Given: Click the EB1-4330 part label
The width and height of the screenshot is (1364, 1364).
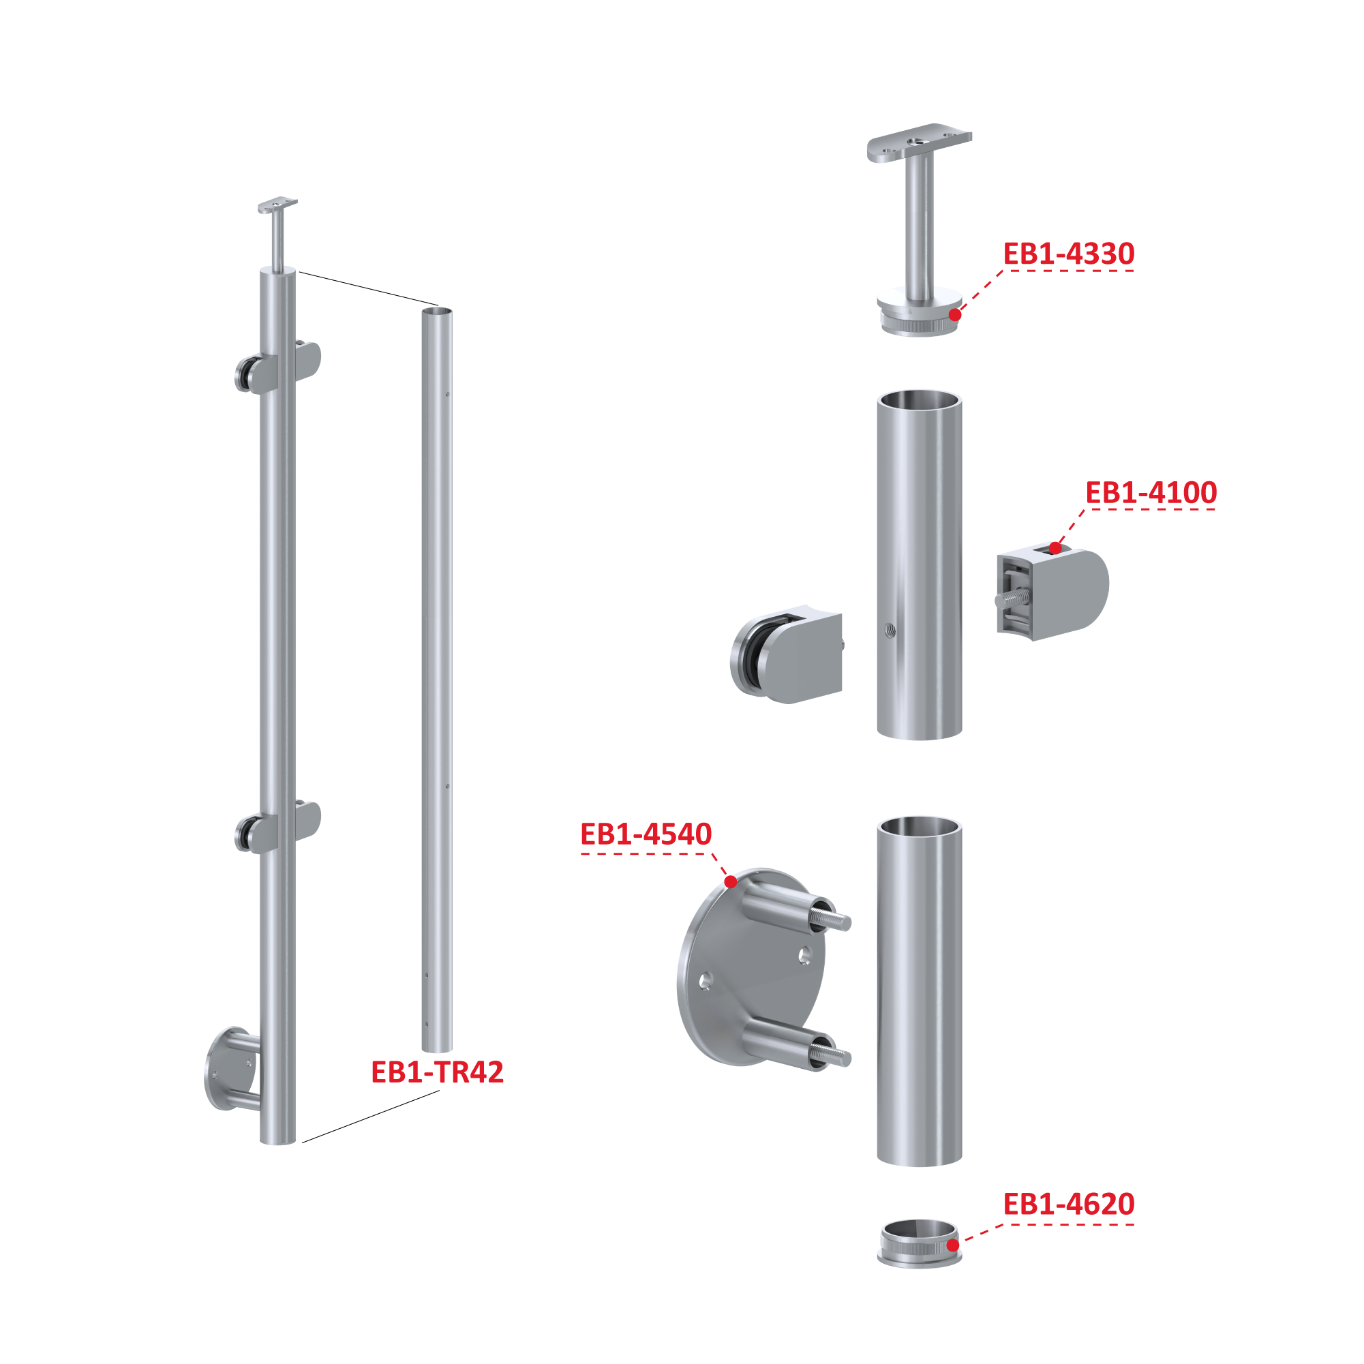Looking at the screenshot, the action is point(1068,254).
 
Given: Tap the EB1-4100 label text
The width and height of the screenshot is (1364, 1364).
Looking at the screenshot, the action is point(1151,493).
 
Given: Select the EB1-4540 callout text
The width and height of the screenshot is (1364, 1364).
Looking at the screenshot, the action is point(646,834).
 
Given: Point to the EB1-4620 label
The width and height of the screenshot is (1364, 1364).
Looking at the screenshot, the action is point(1068,1204).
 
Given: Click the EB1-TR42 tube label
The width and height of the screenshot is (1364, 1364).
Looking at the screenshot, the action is point(437,1072).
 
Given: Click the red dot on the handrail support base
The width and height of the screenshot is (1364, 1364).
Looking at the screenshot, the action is point(954,315).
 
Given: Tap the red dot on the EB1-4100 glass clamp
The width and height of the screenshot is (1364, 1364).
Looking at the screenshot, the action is point(1055,548).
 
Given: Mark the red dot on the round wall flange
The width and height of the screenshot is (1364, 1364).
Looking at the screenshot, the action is point(731,882).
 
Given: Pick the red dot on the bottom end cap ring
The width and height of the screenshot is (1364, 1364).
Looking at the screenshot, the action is point(952,1245).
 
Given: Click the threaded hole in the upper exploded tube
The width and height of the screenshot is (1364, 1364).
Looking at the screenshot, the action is point(890,630).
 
